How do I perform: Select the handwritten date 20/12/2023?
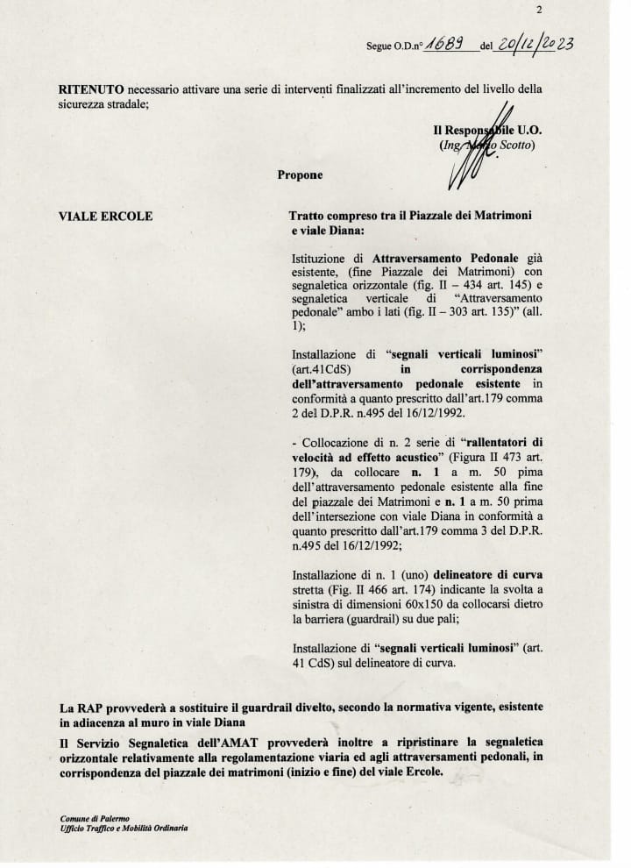pos(535,46)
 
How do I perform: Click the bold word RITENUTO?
pos(89,90)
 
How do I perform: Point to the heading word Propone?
pos(300,174)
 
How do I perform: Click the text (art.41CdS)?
pos(320,369)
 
